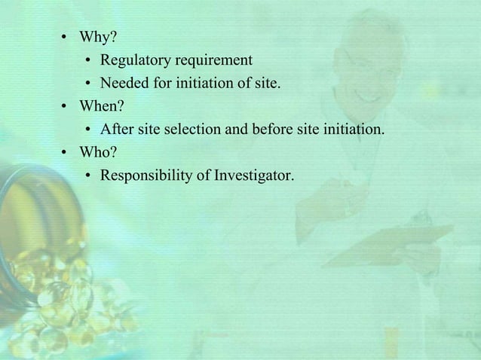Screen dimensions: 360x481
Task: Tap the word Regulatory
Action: point(134,59)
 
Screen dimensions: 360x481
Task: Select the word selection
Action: point(197,130)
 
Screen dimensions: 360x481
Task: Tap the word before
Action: point(253,130)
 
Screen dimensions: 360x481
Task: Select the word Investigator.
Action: point(255,176)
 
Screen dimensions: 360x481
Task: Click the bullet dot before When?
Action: point(66,107)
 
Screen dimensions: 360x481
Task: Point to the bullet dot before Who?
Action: point(66,154)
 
